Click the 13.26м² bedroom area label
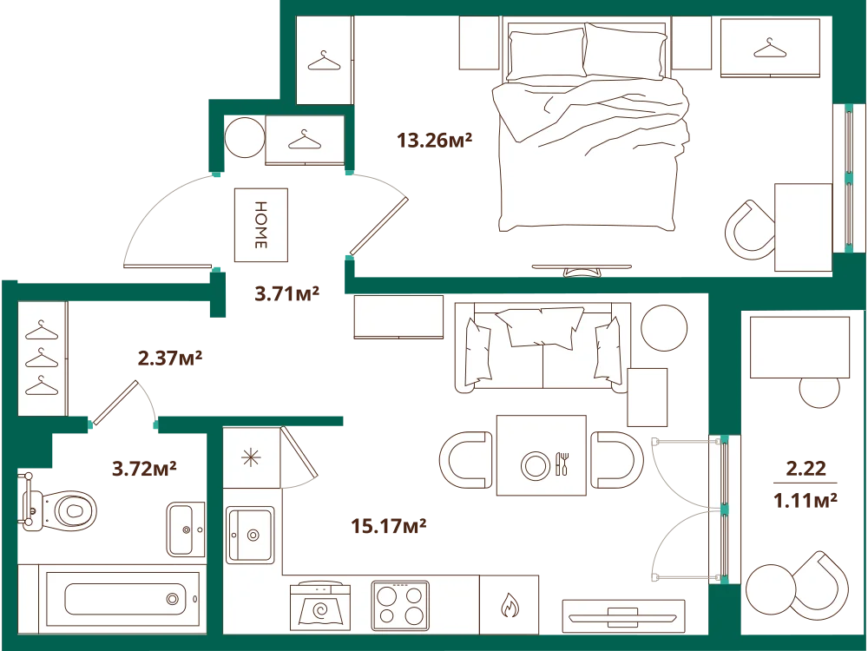tap(434, 141)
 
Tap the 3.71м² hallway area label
tap(286, 293)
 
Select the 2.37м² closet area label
tap(170, 358)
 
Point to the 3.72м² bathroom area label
tap(144, 469)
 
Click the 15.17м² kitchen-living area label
tap(389, 525)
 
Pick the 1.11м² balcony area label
tap(805, 501)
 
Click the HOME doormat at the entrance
tap(261, 225)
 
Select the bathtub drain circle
tap(173, 598)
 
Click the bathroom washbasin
tap(186, 529)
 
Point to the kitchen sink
tap(250, 535)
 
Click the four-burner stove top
tap(399, 606)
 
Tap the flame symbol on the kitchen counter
tap(510, 605)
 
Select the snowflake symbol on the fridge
tap(251, 457)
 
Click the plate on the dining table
tap(536, 465)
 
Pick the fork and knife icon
tap(562, 464)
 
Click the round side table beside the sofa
tap(664, 328)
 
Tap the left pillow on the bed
tap(546, 55)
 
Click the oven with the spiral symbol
tap(320, 605)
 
